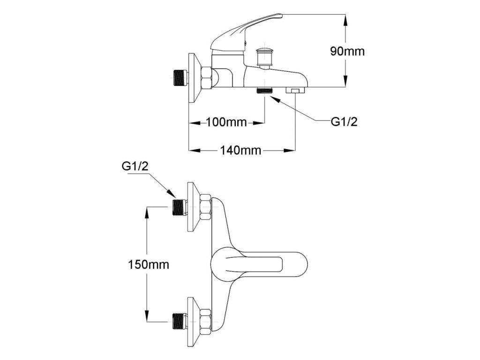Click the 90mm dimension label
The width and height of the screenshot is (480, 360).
click(347, 51)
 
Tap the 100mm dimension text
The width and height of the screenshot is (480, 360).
click(226, 123)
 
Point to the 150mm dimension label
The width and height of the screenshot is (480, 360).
click(149, 264)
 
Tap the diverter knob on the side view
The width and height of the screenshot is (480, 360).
click(266, 56)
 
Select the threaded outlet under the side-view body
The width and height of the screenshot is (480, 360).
click(265, 90)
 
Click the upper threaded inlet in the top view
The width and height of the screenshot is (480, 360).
click(179, 207)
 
